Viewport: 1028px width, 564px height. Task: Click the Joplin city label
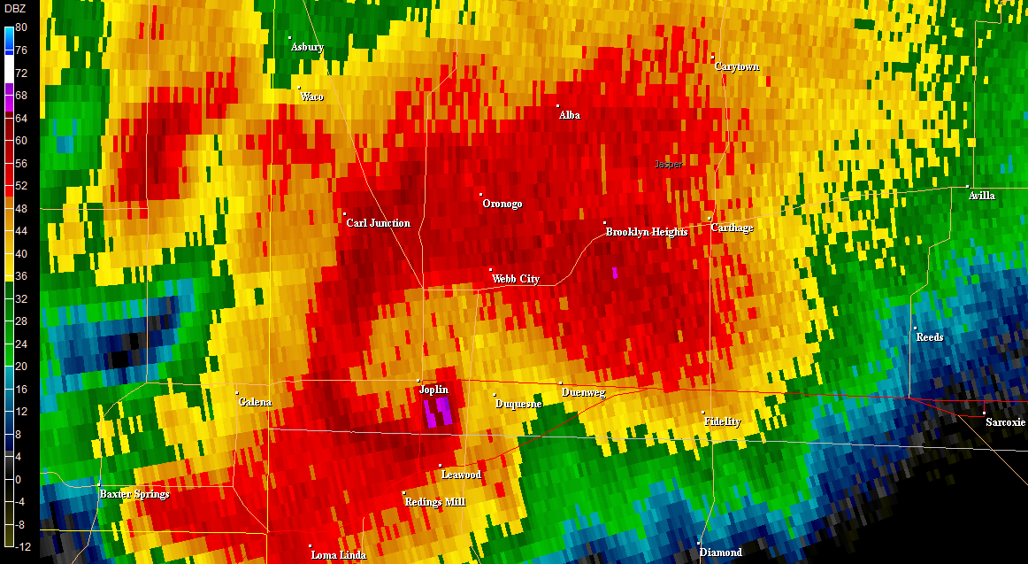tap(434, 390)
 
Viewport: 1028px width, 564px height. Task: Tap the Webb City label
tap(516, 279)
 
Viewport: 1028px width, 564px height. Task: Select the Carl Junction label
tap(378, 223)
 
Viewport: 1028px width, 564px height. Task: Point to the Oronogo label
tap(502, 204)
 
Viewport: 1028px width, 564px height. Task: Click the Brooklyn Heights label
tap(647, 232)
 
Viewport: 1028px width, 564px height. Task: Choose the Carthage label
tap(732, 228)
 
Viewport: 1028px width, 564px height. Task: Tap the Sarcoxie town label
tap(1005, 422)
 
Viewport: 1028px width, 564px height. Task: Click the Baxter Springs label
tap(134, 494)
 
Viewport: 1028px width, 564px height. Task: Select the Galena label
tap(256, 402)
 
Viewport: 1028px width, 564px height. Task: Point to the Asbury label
tap(307, 47)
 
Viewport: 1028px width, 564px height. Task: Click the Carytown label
tap(737, 66)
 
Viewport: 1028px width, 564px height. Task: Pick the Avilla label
tap(982, 196)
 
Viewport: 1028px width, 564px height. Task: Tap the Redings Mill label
tap(435, 502)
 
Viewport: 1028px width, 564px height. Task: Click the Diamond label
tap(721, 552)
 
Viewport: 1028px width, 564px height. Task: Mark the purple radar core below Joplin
tap(438, 412)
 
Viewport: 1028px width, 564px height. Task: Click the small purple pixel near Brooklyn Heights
tap(614, 273)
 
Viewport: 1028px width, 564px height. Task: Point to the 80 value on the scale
tap(21, 27)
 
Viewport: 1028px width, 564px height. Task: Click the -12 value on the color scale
tap(21, 546)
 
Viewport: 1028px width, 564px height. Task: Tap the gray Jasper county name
tap(669, 165)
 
